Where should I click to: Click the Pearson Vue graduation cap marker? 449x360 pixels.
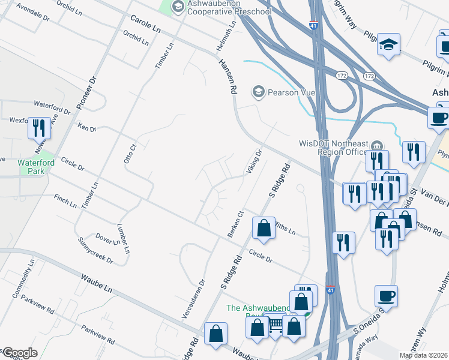click(x=259, y=92)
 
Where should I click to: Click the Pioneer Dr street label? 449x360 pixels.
click(x=86, y=93)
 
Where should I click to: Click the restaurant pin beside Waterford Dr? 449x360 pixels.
click(x=39, y=128)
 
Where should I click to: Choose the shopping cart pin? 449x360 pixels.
click(x=276, y=325)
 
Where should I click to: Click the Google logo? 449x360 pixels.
click(x=20, y=352)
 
